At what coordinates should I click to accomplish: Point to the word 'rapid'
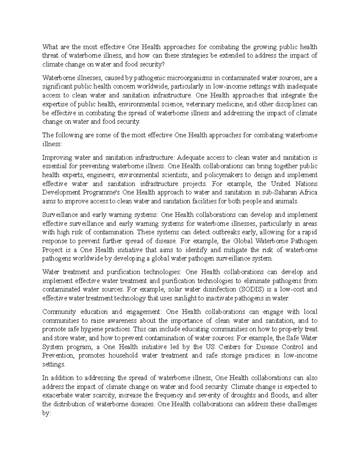click(310, 232)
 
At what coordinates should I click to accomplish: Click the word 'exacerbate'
click(57, 395)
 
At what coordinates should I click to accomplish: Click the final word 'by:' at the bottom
click(47, 413)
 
